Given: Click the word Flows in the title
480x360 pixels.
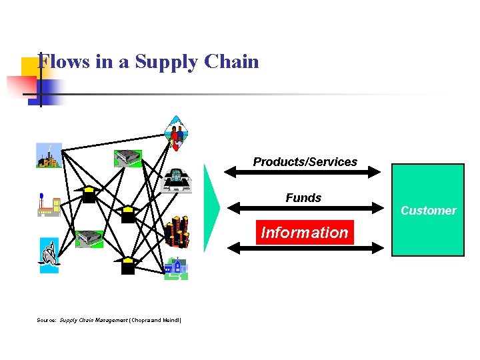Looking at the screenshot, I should (x=55, y=62).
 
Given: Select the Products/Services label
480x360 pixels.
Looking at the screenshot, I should (x=305, y=162).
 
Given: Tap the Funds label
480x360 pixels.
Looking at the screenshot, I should (x=303, y=198).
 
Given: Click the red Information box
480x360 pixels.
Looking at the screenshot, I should (x=305, y=233).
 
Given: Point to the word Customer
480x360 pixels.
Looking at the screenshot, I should (x=428, y=211).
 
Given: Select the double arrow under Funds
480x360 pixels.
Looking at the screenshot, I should (x=304, y=209).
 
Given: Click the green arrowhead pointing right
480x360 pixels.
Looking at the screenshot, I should (x=211, y=208).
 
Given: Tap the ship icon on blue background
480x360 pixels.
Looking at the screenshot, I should (x=49, y=254).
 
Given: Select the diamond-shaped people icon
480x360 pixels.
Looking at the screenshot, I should (x=175, y=133).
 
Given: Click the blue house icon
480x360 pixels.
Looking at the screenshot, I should (x=177, y=268).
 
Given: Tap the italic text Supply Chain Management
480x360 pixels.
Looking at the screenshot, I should (x=93, y=321).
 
